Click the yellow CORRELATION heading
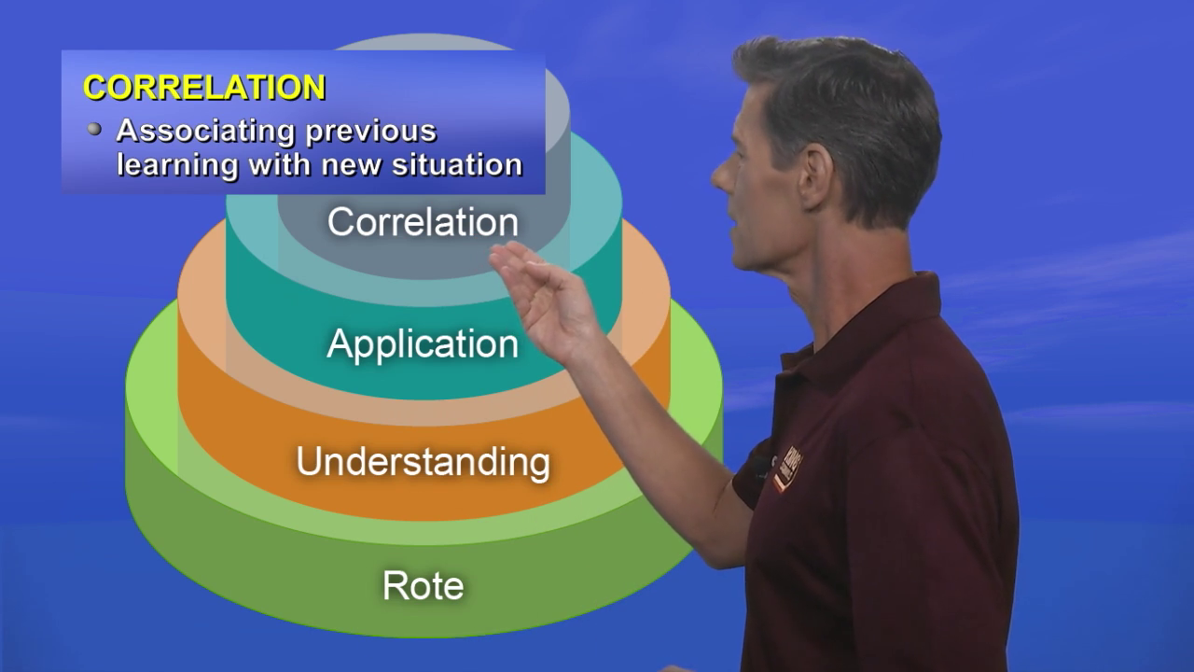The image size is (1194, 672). tap(204, 88)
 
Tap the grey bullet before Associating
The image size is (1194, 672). tap(94, 129)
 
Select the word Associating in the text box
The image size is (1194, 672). tap(205, 132)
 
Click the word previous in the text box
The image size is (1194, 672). tap(371, 133)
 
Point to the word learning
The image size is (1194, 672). tap(177, 165)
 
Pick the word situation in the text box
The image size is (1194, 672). tap(457, 164)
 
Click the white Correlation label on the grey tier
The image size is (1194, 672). tap(423, 222)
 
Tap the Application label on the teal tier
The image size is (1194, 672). tap(423, 345)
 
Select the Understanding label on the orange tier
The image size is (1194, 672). tap(423, 462)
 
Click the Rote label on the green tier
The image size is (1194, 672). tap(423, 585)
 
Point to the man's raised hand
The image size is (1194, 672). tap(544, 299)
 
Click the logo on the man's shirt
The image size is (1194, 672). tap(788, 469)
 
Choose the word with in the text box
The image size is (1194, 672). tap(280, 164)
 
